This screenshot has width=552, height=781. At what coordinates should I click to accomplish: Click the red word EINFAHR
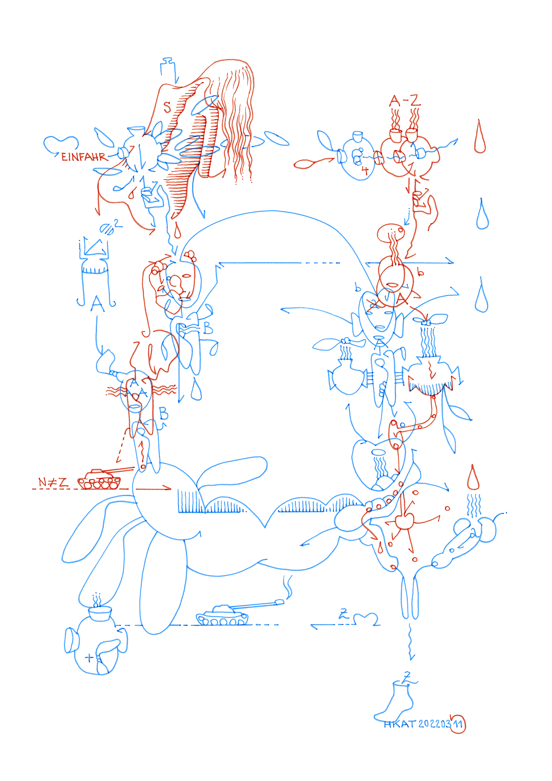coord(84,157)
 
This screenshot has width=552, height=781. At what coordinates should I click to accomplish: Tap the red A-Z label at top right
coord(405,101)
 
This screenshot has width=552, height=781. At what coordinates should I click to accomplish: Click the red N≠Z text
coord(53,483)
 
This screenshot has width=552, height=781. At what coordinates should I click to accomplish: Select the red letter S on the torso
coord(167,107)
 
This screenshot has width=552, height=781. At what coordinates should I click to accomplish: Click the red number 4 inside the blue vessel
coord(365,170)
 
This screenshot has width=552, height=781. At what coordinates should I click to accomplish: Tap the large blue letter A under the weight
coord(98,304)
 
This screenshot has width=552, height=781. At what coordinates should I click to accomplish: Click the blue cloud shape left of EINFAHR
coord(61,143)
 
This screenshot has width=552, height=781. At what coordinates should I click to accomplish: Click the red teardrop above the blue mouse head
coord(473,478)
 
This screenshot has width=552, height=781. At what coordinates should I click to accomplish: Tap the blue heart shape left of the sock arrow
coord(365,619)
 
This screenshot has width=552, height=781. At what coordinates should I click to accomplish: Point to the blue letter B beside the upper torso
coord(208,328)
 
